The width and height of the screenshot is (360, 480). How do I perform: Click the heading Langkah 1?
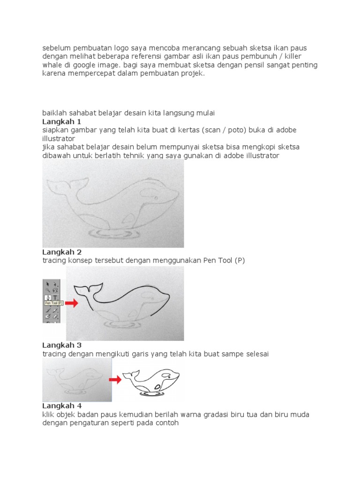click(59, 121)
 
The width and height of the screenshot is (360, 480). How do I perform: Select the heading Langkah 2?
click(59, 252)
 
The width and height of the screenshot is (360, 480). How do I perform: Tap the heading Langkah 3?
click(59, 345)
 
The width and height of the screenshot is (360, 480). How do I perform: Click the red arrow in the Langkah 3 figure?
click(115, 379)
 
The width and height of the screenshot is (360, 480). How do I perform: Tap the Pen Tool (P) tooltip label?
click(53, 303)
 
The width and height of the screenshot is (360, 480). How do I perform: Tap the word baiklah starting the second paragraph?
click(54, 113)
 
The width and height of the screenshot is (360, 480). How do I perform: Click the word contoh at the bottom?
click(167, 423)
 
